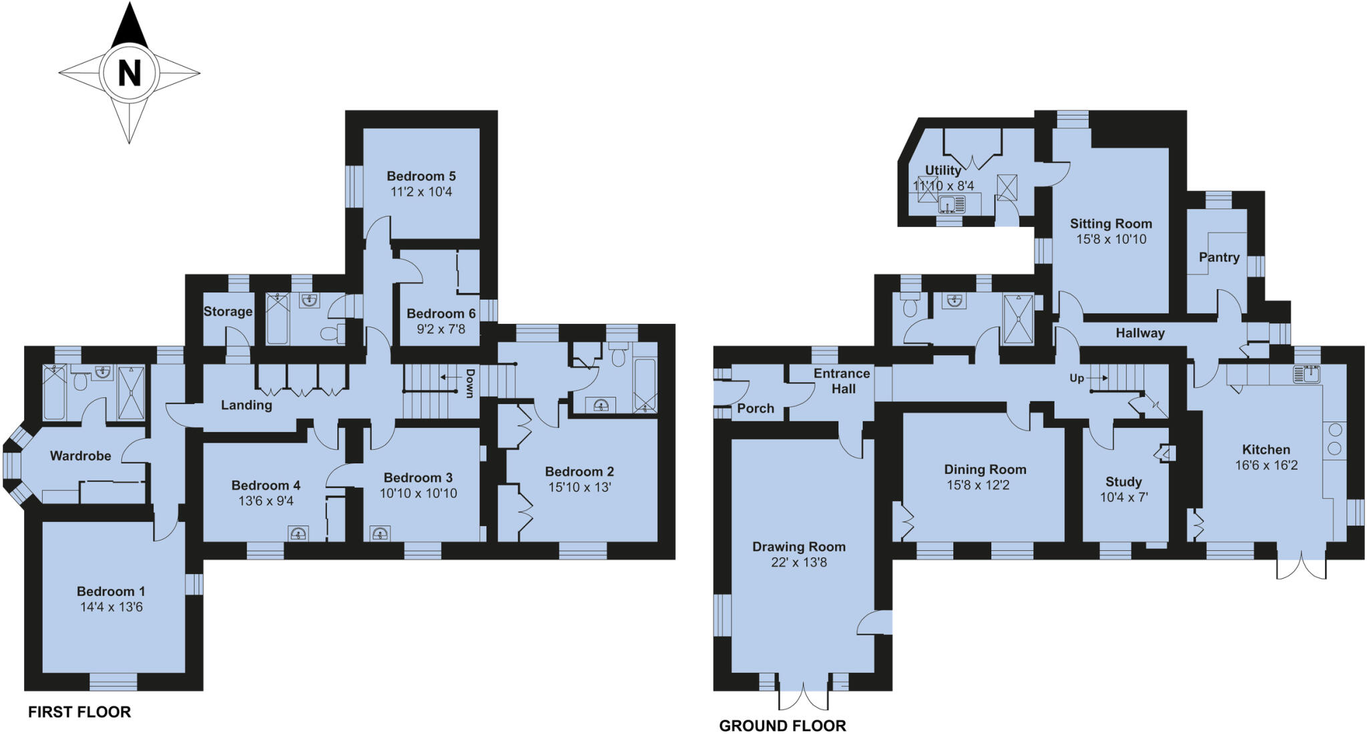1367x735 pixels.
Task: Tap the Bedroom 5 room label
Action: (421, 176)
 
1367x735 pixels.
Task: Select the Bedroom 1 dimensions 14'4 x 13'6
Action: (111, 607)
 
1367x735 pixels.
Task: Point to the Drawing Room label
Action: (799, 547)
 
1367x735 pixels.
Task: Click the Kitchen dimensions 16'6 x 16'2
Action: (1266, 465)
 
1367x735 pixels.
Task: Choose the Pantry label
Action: (1219, 257)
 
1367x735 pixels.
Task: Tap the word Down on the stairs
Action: (470, 383)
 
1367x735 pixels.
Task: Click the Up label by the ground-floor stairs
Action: (1077, 378)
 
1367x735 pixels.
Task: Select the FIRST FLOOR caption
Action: (79, 712)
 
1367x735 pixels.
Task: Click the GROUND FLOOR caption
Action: (782, 726)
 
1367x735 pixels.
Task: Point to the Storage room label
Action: (228, 312)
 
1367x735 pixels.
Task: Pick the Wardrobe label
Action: (81, 456)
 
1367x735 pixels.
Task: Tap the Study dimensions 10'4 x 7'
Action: (1124, 497)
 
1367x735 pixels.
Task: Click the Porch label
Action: (756, 409)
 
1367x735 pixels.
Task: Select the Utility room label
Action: (943, 170)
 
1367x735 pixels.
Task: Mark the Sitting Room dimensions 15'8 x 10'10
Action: (1111, 239)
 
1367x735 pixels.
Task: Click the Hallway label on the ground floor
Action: (1140, 333)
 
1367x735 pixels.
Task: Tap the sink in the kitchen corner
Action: (1306, 375)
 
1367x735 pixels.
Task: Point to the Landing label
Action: (246, 405)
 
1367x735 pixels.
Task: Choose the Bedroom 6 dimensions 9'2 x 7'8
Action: (441, 329)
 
